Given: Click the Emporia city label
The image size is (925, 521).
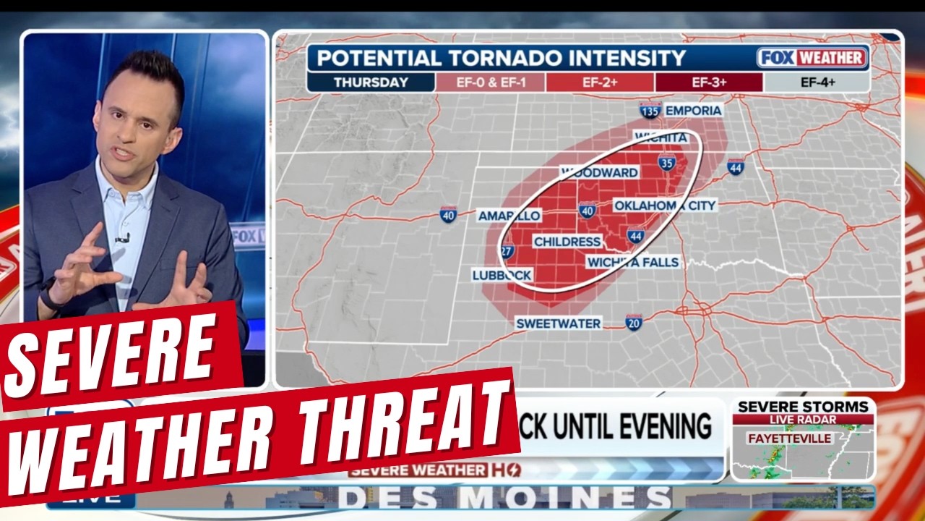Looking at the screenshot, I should click(x=693, y=110).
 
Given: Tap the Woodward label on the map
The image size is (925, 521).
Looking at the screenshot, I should click(x=600, y=172).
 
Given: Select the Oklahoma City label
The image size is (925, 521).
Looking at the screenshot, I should click(x=665, y=206).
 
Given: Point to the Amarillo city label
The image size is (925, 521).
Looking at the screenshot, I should click(x=509, y=216).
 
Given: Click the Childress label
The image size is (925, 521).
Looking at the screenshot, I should click(x=567, y=241).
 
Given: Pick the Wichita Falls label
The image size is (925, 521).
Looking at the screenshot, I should click(x=633, y=262).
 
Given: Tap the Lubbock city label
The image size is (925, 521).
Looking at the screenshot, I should click(x=502, y=275).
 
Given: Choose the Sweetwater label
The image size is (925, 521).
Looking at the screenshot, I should click(x=559, y=323).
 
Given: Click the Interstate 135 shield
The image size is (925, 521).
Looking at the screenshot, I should click(x=650, y=111).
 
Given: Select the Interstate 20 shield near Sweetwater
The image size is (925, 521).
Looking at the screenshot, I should click(x=634, y=323).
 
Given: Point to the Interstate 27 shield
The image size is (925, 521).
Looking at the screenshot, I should click(x=507, y=251).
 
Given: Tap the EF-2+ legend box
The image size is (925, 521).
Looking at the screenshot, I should click(x=600, y=82).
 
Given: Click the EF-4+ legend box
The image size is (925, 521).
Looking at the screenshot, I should click(x=817, y=82).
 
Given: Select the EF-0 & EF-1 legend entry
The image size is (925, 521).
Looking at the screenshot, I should click(x=490, y=82).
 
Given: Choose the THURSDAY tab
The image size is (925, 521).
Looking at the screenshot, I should click(x=371, y=82).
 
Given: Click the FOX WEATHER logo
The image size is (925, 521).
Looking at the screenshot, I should click(x=812, y=58).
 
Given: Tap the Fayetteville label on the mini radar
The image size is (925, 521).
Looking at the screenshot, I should click(x=789, y=439).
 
